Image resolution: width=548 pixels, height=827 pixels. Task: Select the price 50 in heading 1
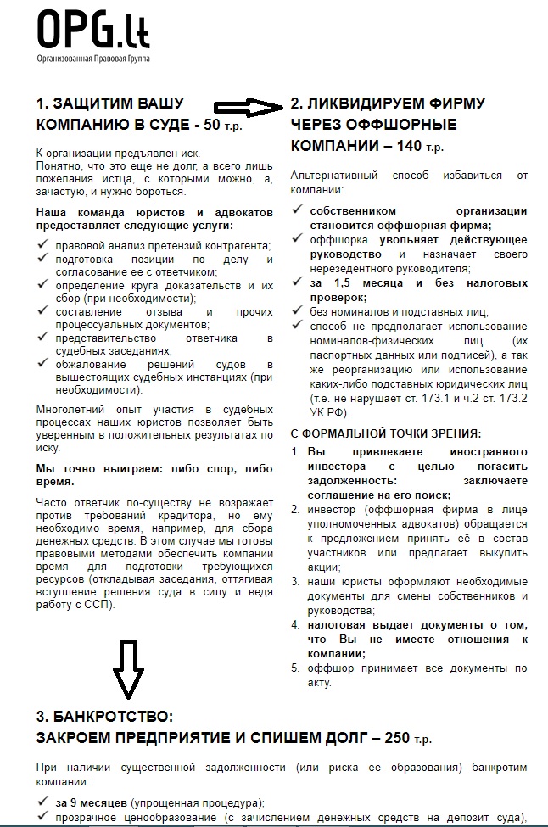212,126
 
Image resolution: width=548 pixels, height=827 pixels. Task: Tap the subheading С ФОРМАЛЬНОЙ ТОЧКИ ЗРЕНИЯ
386,433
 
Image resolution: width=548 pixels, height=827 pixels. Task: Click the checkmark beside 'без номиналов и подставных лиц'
296,311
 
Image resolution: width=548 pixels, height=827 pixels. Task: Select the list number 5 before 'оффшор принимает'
295,668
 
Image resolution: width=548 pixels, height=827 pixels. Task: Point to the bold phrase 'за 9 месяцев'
92,802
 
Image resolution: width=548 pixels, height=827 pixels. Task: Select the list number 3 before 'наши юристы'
295,582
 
